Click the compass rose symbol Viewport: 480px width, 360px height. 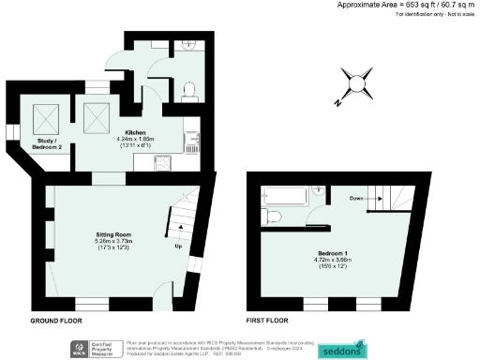click(x=357, y=84)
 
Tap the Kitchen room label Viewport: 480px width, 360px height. click(x=134, y=133)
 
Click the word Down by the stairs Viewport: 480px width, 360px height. click(x=356, y=199)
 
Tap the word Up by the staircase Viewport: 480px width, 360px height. click(x=179, y=247)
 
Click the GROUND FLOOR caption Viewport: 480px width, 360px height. click(x=56, y=320)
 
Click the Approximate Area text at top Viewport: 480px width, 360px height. click(x=413, y=5)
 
